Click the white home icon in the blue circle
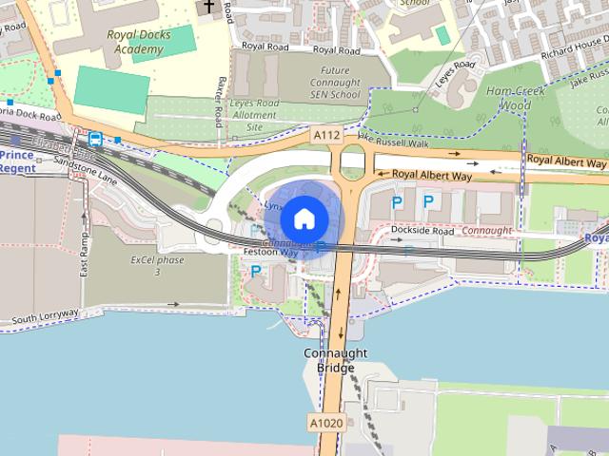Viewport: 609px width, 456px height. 304,218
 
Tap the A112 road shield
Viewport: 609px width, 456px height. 326,136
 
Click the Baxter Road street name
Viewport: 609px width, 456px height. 220,99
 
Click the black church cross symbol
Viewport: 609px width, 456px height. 208,8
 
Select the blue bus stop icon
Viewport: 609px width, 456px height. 95,139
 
